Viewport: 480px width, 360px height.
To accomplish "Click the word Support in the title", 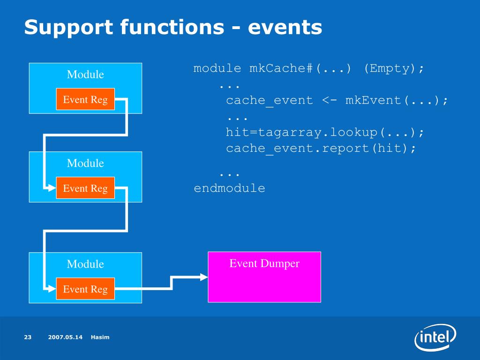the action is pos(69,28).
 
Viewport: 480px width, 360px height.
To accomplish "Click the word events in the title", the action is pos(285,27).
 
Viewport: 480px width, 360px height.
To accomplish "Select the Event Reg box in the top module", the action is pos(85,99).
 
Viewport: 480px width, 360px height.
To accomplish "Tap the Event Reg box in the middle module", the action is pos(85,188).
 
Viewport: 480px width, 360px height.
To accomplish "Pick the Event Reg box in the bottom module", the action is pos(85,289).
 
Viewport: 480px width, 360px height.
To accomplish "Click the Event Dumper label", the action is pos(264,263).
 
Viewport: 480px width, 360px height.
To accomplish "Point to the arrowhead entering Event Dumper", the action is pos(204,277).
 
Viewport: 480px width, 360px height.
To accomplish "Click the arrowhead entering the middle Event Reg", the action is pos(52,187).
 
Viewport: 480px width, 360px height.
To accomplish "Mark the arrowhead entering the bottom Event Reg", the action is pos(52,289).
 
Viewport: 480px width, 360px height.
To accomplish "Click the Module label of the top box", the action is pos(85,75).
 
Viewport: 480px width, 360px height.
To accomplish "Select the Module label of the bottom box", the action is pos(85,264).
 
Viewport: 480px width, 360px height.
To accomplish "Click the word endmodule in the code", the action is pos(230,188).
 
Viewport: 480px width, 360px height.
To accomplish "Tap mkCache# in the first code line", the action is pos(281,68).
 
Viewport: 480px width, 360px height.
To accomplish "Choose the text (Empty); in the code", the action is pos(394,68).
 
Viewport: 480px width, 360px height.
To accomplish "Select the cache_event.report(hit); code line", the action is pos(321,149).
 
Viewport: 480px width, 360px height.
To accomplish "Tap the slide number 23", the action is pos(28,337).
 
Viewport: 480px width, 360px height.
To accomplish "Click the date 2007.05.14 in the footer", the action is pos(65,337).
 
